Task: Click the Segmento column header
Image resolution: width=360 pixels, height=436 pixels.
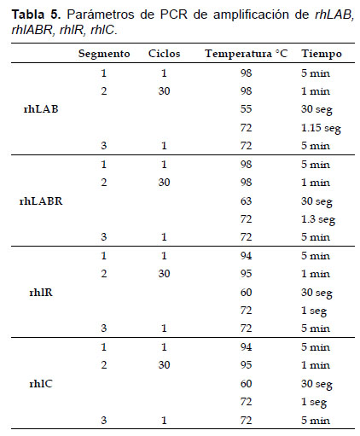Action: click(104, 54)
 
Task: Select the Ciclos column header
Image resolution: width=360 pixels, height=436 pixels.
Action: click(164, 54)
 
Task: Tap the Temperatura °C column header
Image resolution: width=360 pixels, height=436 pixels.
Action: click(247, 54)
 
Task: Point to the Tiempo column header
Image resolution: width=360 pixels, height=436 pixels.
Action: click(322, 54)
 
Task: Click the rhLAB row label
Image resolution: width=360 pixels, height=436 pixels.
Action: click(41, 109)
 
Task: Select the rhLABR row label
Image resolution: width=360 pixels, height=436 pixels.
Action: click(41, 201)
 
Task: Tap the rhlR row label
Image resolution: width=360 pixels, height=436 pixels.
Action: click(41, 293)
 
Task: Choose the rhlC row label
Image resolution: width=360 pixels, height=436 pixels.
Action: click(41, 384)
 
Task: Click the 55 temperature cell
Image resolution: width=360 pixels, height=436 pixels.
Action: click(246, 109)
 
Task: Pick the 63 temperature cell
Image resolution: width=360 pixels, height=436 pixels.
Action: click(246, 201)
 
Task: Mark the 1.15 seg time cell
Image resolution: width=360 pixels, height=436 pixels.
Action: click(321, 129)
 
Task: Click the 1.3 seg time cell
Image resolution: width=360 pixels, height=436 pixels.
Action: click(318, 220)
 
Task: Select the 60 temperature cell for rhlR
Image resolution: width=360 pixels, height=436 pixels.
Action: click(246, 293)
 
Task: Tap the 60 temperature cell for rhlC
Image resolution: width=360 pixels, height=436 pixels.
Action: click(246, 384)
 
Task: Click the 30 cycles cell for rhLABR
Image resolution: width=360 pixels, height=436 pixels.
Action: click(164, 183)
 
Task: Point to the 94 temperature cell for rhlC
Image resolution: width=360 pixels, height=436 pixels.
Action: click(246, 347)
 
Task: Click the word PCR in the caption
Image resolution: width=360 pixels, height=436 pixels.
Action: click(173, 15)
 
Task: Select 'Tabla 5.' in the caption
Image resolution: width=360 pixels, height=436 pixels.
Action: click(36, 15)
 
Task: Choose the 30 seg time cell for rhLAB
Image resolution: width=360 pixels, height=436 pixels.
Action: click(316, 110)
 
